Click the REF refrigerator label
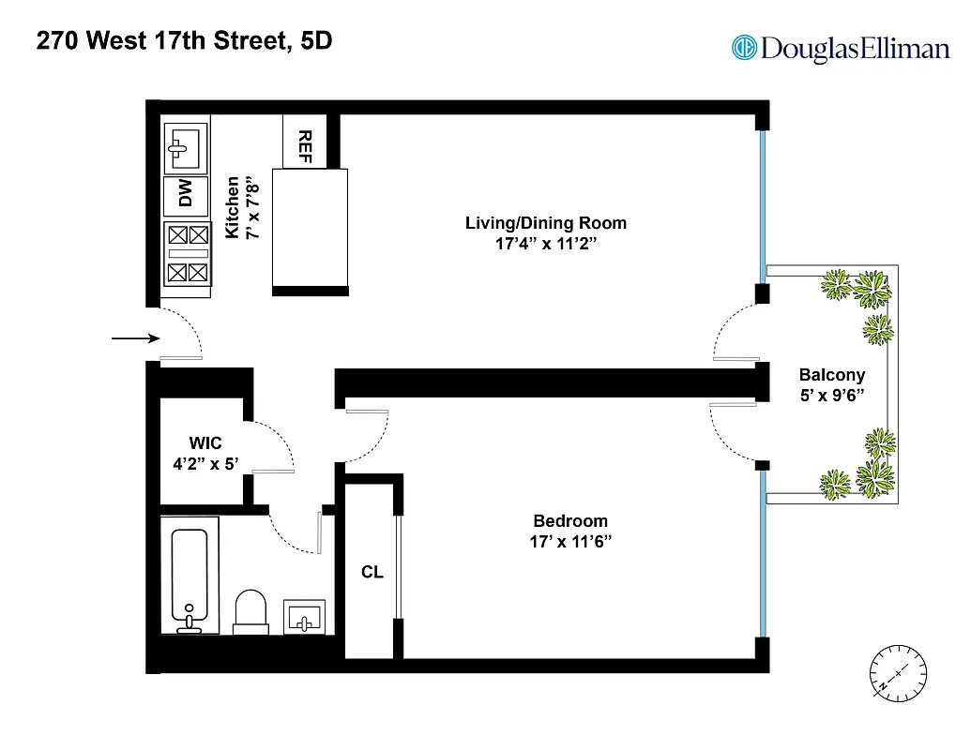[304, 145]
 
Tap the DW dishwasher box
[186, 194]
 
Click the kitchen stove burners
[186, 253]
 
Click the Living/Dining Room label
[545, 223]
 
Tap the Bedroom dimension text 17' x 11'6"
[570, 541]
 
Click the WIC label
[205, 442]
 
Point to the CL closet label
[372, 572]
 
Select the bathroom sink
[304, 618]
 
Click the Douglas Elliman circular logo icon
[744, 47]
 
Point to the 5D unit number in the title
[315, 42]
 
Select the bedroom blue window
[765, 553]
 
